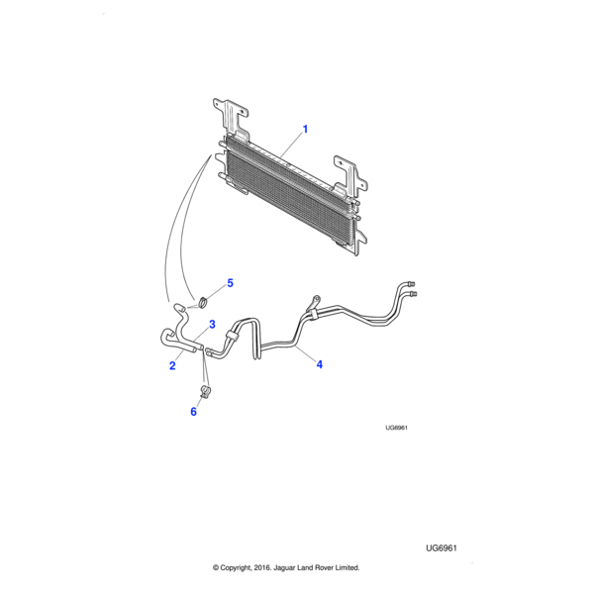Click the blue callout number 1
click(x=305, y=129)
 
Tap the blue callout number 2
click(x=172, y=365)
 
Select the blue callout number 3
click(x=212, y=325)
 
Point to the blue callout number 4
click(x=320, y=364)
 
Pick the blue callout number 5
click(x=230, y=283)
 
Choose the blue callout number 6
click(x=194, y=412)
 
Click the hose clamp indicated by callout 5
click(x=203, y=303)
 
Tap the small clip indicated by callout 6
click(x=205, y=392)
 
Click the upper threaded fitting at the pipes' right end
click(x=411, y=283)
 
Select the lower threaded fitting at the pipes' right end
click(x=413, y=294)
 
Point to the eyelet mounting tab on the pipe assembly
click(x=315, y=301)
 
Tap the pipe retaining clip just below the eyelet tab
click(x=312, y=314)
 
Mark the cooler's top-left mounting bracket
click(x=230, y=118)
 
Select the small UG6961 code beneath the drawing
click(x=396, y=428)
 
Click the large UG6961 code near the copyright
click(x=442, y=548)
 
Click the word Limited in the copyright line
click(x=346, y=567)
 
